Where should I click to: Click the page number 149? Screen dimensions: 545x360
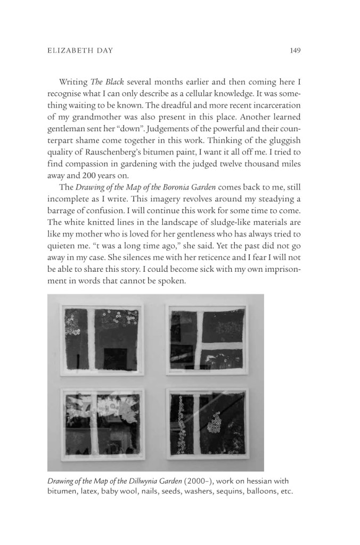click(296, 51)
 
